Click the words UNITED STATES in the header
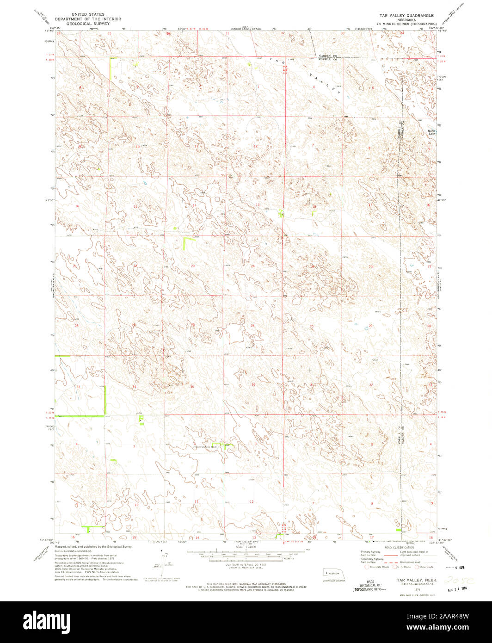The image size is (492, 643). [88, 15]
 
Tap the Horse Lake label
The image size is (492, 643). [432, 132]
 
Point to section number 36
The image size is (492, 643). [253, 385]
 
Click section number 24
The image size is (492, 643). [252, 266]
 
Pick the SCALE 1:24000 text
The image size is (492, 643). [245, 547]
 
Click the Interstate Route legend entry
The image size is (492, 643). [376, 567]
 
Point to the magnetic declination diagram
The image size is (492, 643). [164, 562]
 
